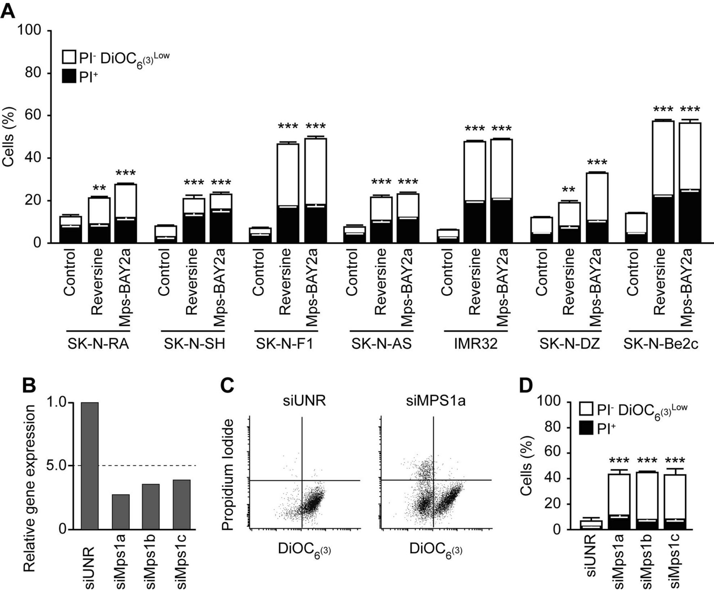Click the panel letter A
pos(8,10)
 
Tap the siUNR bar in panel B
pos(90,465)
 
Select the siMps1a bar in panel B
pos(121,512)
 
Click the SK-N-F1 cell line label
pos(285,344)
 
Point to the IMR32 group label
pos(476,344)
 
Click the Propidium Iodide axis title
pos(228,474)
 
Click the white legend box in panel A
pos(69,57)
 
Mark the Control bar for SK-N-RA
pos(71,229)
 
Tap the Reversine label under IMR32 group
pos(475,281)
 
